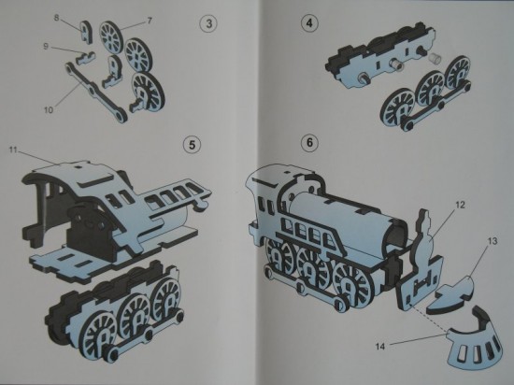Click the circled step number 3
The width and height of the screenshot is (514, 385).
click(x=207, y=23)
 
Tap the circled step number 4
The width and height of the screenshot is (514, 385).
click(x=308, y=23)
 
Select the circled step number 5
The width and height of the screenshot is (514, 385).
click(x=193, y=145)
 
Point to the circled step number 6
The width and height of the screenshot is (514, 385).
click(x=309, y=143)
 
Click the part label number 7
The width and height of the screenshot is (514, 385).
click(x=150, y=21)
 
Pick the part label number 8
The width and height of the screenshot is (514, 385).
click(x=57, y=18)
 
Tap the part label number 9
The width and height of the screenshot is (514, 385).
click(x=46, y=47)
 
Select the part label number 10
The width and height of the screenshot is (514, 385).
click(x=49, y=110)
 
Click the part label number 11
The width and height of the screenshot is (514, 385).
click(x=13, y=150)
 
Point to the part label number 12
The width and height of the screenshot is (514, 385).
click(x=460, y=205)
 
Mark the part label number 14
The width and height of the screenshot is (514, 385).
click(x=380, y=347)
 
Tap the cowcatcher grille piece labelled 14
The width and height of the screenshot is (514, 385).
click(x=476, y=341)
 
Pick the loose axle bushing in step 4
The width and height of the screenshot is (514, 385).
click(x=435, y=59)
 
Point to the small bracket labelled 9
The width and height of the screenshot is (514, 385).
click(x=84, y=58)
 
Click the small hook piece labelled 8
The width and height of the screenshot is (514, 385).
click(x=86, y=31)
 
